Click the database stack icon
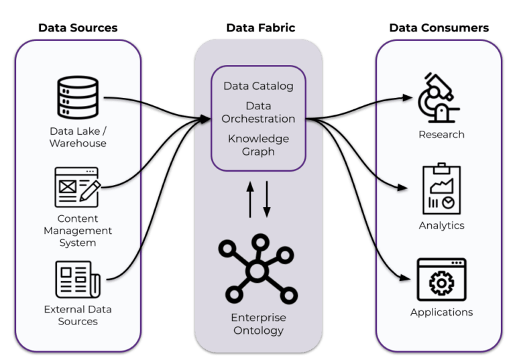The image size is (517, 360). (77, 98)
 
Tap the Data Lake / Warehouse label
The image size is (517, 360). (78, 137)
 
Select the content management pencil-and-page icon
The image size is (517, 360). (77, 187)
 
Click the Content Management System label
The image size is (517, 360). (78, 231)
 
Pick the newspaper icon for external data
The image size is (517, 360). (77, 279)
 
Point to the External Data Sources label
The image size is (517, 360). (78, 315)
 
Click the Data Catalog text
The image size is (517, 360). (258, 86)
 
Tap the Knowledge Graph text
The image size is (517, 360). (258, 145)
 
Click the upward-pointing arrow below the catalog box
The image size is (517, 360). (251, 198)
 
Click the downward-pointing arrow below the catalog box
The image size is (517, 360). (266, 198)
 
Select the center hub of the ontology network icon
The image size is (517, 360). (257, 270)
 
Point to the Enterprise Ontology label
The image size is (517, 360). (258, 324)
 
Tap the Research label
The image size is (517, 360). (441, 134)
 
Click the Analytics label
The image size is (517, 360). (441, 225)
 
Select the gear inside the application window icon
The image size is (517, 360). (441, 284)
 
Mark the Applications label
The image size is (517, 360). (441, 312)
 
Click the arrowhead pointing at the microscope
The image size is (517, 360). (407, 98)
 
